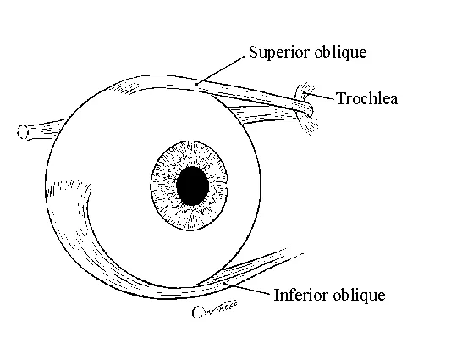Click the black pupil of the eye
192,186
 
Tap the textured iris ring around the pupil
162,186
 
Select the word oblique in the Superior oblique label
340,53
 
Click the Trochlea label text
367,98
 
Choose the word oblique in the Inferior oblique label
359,296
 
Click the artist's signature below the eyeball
215,309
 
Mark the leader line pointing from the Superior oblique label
220,70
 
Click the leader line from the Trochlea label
319,96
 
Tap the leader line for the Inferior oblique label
246,289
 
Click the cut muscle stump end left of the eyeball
23,133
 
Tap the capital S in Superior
253,52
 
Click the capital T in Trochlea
341,98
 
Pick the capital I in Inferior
277,295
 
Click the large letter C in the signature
197,313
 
